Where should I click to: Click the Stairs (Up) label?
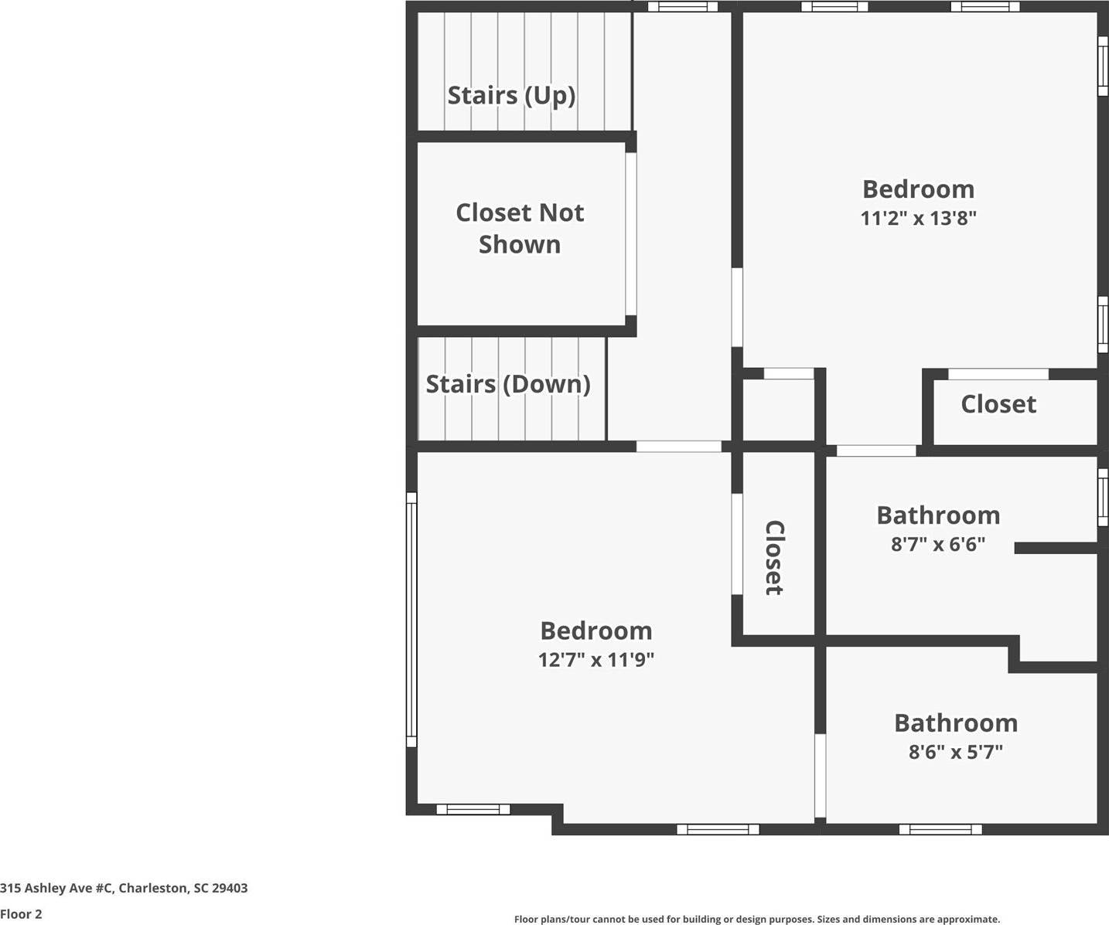click(511, 96)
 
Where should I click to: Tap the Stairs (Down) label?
click(508, 384)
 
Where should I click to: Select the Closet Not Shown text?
click(520, 228)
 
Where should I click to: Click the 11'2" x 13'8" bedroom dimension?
click(918, 218)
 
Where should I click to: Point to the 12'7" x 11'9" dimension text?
click(596, 659)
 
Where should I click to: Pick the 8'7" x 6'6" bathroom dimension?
click(937, 544)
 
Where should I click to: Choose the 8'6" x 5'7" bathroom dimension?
click(955, 751)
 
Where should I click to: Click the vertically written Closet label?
click(774, 557)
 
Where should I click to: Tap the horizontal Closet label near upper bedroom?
click(998, 404)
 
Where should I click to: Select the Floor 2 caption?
click(21, 914)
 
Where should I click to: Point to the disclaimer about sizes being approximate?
click(756, 919)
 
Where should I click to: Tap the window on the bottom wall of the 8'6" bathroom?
click(940, 829)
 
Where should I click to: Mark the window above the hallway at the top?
click(682, 6)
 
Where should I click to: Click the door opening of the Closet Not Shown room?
click(631, 233)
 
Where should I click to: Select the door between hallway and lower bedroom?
click(678, 446)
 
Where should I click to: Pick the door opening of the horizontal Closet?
click(998, 374)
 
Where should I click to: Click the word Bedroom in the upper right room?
click(918, 189)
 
